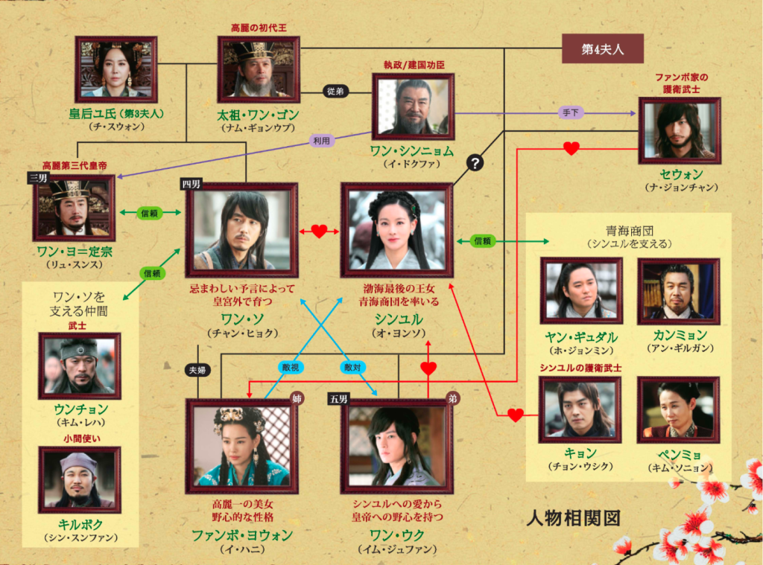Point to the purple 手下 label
(x=570, y=113)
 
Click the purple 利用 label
(x=322, y=141)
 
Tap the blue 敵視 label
(x=291, y=368)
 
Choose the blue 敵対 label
(x=352, y=368)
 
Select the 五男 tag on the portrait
(x=338, y=400)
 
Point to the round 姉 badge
(x=297, y=399)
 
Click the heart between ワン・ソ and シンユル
(x=319, y=232)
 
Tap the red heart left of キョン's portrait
(x=515, y=415)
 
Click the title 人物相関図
(x=573, y=518)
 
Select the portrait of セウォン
(x=679, y=130)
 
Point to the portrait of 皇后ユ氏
(x=115, y=69)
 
